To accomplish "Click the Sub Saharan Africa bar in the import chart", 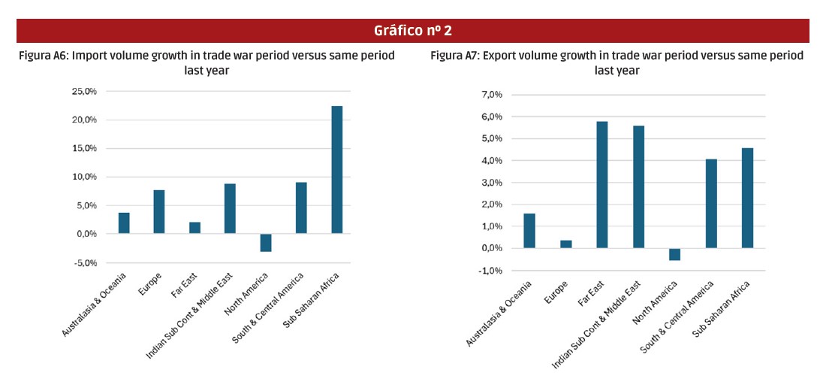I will pos(336,170).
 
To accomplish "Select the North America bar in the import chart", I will pos(266,243).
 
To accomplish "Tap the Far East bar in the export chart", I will pos(602,185).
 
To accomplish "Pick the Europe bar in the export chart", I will pos(565,244).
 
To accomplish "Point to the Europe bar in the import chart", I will pos(159,212).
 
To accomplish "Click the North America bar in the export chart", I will pos(674,254).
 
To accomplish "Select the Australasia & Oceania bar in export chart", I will pos(529,231).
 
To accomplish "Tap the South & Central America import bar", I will pos(301,208).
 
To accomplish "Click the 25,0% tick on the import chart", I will pos(84,91).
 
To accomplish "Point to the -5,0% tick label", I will pos(84,263).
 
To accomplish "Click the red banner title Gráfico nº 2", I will pos(412,31).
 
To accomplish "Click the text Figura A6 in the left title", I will pos(44,56).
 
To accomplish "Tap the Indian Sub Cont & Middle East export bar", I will pos(638,186).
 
